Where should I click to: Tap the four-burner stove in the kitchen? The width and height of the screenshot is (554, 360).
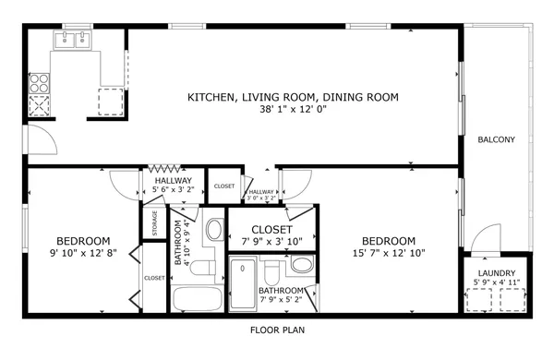41,92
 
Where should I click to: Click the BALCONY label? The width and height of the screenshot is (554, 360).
496,140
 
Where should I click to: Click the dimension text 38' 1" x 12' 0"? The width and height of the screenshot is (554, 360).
293,109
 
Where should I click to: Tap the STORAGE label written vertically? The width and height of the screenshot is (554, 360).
155,224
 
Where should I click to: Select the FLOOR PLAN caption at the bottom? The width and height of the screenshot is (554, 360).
278,330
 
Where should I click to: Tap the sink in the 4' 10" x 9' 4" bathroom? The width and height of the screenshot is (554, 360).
213,229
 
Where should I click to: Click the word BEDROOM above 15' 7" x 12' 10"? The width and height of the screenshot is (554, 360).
388,241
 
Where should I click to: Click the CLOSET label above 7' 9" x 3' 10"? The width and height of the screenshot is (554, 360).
272,229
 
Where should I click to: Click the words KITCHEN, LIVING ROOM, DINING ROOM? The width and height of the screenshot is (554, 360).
293,97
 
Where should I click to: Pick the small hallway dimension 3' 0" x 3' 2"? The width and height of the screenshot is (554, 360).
262,197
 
